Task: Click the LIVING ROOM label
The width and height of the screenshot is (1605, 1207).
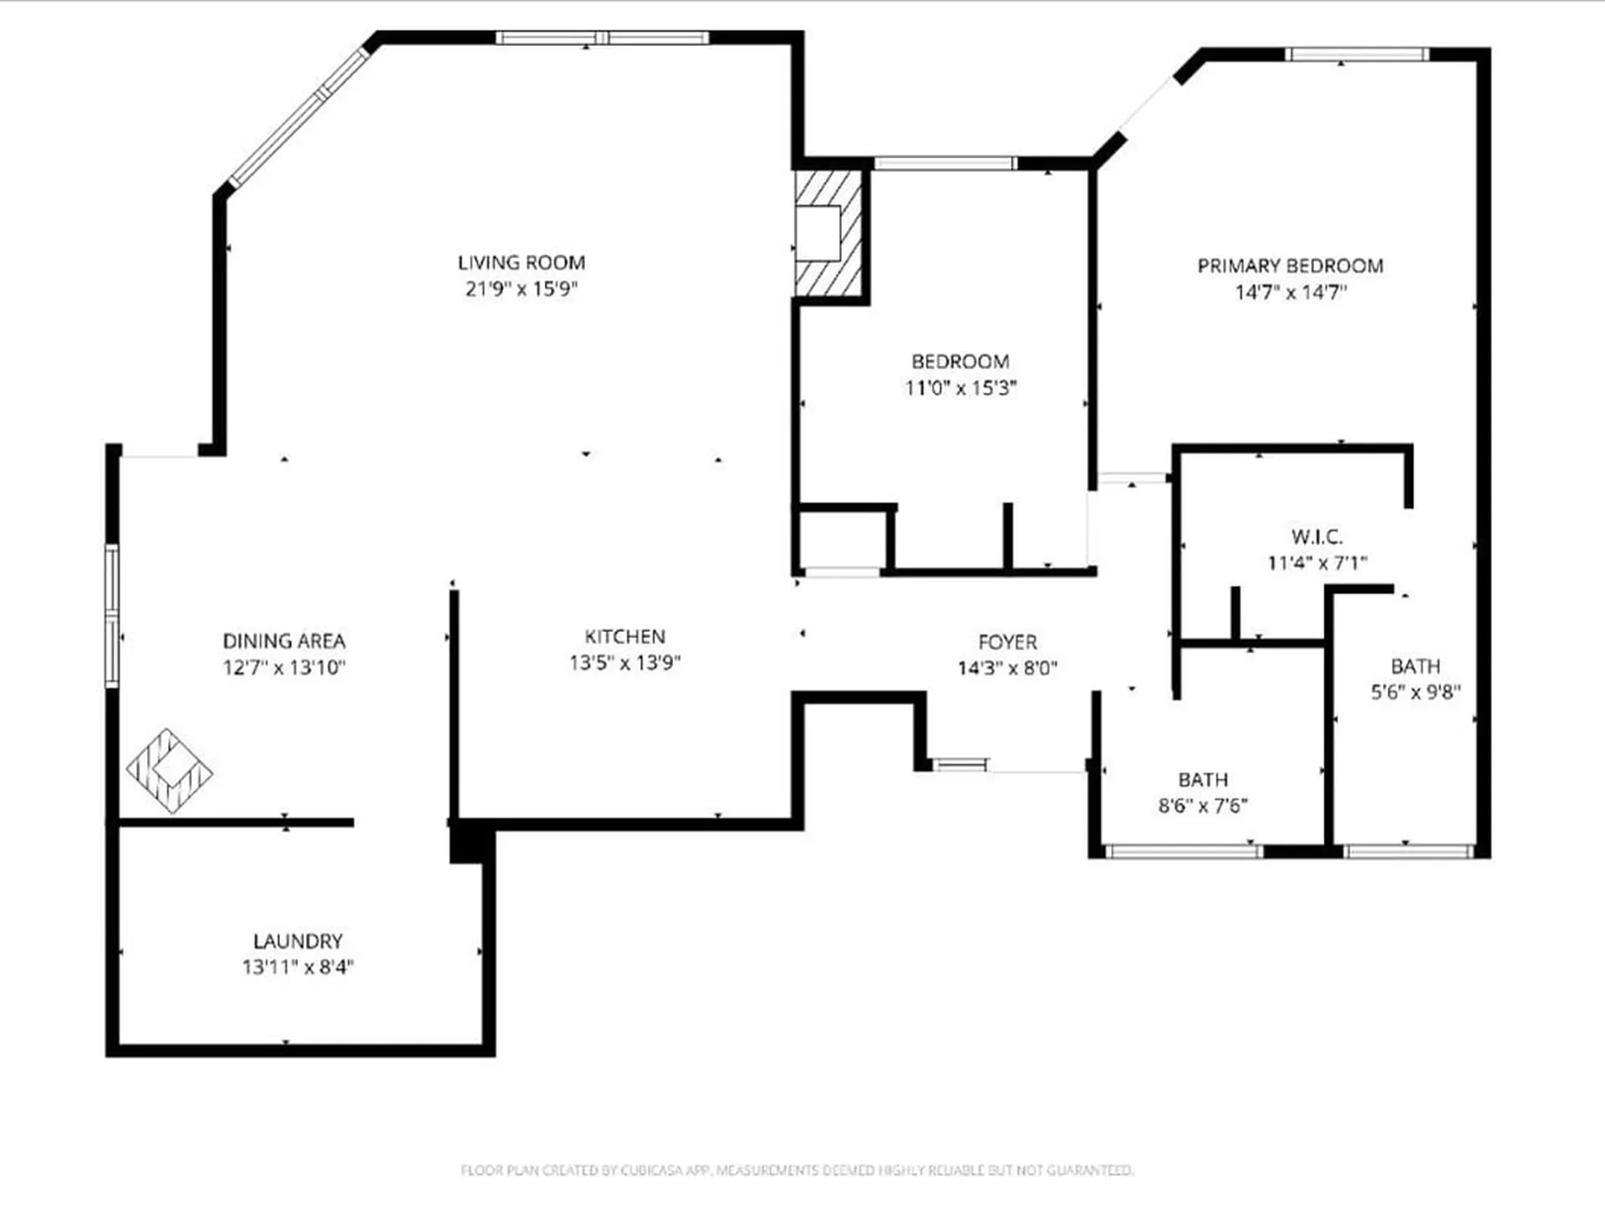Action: [521, 262]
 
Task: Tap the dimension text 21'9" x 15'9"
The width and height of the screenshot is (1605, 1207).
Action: [521, 289]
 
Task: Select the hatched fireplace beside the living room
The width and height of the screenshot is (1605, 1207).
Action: [828, 234]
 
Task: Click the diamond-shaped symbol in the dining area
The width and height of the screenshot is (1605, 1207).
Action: [170, 771]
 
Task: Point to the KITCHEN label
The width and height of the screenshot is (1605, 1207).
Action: [624, 636]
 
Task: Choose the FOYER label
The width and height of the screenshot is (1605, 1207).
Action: [1007, 642]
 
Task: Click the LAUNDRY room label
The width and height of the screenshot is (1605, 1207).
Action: [298, 941]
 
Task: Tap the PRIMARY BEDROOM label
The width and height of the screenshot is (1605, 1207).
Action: [1290, 266]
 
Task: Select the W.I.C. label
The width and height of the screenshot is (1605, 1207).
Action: [1317, 537]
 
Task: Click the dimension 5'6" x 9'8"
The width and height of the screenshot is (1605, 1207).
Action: [1415, 692]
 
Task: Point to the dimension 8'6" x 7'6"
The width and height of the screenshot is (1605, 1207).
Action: [1202, 806]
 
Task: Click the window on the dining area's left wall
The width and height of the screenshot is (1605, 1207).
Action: [112, 615]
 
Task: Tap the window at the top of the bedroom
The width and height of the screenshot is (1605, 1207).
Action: [945, 163]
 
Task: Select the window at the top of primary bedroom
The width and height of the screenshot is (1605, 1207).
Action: [1356, 55]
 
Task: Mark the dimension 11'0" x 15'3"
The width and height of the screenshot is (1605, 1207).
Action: [960, 388]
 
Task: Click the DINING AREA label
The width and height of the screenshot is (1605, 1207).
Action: [283, 641]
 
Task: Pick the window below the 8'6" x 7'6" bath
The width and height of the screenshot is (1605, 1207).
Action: [1184, 851]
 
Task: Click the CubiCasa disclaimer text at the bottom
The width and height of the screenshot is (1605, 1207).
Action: [797, 1169]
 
